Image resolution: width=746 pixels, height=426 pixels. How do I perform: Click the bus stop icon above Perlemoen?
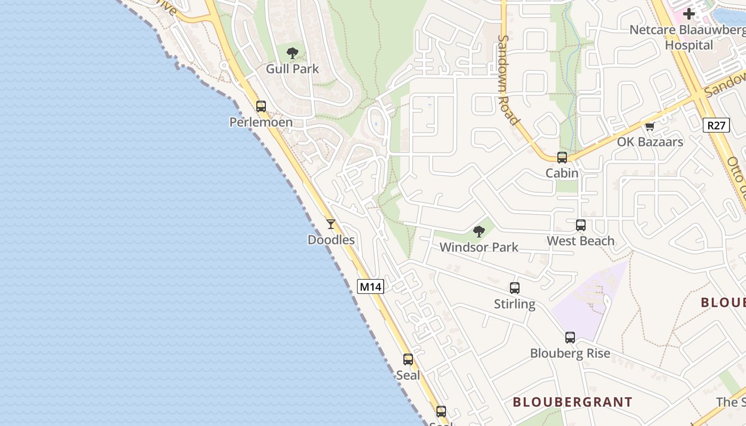tap(261, 106)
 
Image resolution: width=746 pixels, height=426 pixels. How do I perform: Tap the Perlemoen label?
tap(261, 122)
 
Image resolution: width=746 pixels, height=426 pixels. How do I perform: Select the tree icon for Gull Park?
tap(292, 53)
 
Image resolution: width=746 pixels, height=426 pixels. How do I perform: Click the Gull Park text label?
tap(293, 69)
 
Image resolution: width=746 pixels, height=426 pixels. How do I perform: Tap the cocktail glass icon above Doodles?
tap(331, 224)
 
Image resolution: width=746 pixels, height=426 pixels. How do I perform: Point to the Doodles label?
tap(331, 240)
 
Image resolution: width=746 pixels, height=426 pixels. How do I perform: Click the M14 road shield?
tap(370, 286)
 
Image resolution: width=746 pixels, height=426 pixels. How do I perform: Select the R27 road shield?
tap(716, 126)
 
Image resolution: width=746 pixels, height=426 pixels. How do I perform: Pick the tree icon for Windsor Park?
tap(479, 232)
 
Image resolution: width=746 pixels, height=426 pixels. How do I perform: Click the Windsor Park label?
tap(479, 248)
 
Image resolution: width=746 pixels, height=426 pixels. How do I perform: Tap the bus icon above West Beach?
tap(581, 225)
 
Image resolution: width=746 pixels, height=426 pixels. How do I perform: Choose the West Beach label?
tap(581, 241)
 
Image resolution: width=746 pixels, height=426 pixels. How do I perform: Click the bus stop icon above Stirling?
tap(515, 288)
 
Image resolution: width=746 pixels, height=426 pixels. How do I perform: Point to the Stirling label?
tap(515, 305)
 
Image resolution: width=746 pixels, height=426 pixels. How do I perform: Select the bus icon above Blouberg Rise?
tap(570, 338)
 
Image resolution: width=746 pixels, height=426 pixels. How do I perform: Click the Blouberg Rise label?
tap(570, 354)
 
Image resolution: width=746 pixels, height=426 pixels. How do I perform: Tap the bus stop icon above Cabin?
tap(562, 158)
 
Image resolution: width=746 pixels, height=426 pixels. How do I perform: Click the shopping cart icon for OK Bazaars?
tap(650, 127)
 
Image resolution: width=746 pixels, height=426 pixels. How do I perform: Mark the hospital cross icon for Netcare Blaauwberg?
tap(689, 14)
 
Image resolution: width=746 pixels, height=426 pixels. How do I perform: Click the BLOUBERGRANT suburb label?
tap(573, 402)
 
